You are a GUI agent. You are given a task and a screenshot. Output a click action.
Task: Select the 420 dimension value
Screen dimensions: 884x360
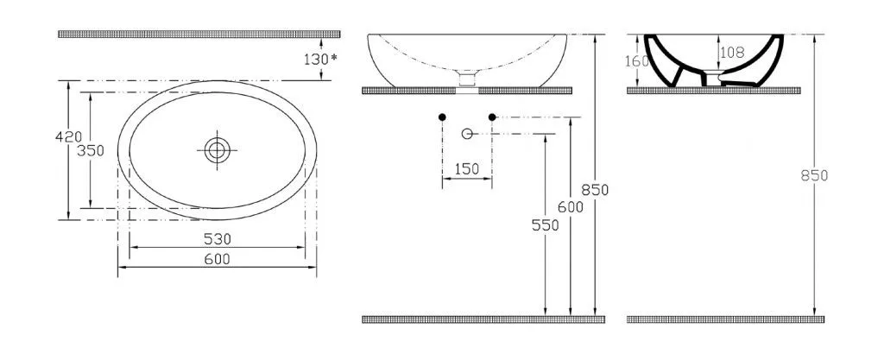click(x=69, y=136)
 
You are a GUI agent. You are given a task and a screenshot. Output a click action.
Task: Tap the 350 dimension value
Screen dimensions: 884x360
click(x=91, y=151)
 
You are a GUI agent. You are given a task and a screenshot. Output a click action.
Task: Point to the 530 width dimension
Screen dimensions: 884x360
click(x=218, y=239)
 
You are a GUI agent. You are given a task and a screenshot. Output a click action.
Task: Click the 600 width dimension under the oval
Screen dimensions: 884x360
click(x=218, y=259)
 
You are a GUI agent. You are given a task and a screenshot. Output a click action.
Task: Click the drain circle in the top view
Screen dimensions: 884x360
click(x=217, y=150)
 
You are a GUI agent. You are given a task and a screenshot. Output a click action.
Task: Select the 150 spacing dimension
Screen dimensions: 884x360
click(x=466, y=169)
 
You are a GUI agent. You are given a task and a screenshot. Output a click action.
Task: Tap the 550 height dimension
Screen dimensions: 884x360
click(x=546, y=225)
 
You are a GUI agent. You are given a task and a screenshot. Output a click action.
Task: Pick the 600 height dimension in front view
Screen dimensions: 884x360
click(x=571, y=207)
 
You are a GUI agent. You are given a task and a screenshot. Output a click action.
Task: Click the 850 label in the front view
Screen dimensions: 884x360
click(x=596, y=190)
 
